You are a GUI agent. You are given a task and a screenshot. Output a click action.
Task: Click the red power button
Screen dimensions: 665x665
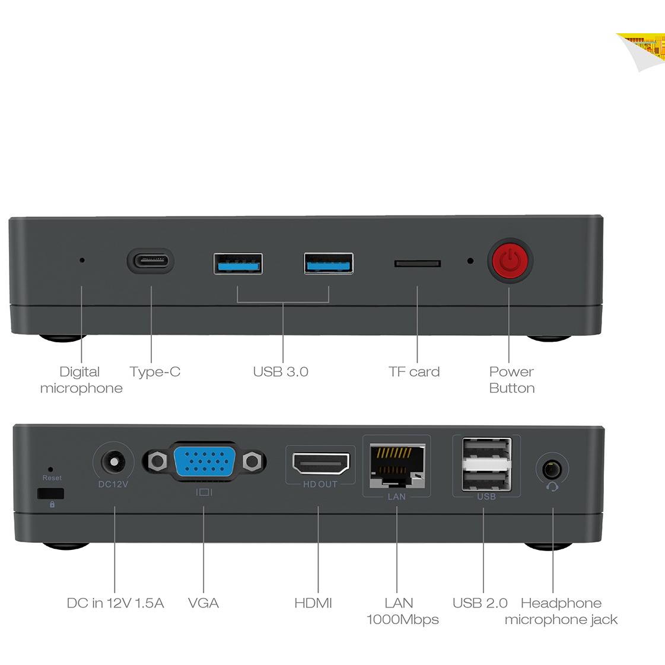tap(510, 260)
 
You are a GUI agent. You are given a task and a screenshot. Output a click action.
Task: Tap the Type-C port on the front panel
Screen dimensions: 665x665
tap(151, 260)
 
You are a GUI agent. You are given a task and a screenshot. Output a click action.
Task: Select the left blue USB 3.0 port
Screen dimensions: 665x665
tap(238, 263)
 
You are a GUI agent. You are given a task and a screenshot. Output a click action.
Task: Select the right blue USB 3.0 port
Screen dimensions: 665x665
tap(328, 263)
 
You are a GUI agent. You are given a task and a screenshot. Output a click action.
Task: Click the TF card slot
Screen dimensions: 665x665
tap(417, 263)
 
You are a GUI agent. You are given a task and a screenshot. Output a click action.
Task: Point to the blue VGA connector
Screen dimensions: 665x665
tap(205, 461)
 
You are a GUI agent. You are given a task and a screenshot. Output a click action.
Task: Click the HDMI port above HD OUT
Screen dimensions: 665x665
tap(320, 463)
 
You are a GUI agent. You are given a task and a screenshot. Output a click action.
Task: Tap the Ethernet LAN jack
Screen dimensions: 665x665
tap(397, 466)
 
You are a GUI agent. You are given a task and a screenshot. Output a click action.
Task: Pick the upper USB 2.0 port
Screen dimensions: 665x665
tap(487, 448)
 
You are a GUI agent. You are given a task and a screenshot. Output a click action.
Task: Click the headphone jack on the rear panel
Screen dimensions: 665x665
tap(552, 469)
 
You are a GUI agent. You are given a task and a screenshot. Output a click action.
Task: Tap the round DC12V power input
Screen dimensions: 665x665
tap(113, 462)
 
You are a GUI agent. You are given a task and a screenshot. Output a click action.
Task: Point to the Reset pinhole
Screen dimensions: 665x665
tap(50, 469)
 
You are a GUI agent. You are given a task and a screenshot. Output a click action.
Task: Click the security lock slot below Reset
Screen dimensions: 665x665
tap(50, 494)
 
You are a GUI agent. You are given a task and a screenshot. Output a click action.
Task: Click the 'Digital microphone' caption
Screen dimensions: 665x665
tap(81, 380)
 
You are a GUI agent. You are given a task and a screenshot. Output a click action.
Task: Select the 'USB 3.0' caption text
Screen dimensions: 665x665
tap(281, 371)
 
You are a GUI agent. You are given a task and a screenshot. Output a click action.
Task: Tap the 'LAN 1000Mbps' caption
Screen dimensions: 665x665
tap(402, 610)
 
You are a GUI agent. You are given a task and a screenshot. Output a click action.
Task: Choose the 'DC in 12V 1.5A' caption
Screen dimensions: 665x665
tap(115, 603)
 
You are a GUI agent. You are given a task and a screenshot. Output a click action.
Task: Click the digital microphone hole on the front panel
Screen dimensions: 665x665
tap(82, 260)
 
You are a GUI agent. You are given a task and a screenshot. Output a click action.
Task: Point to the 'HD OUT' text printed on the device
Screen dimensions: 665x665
tap(320, 484)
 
